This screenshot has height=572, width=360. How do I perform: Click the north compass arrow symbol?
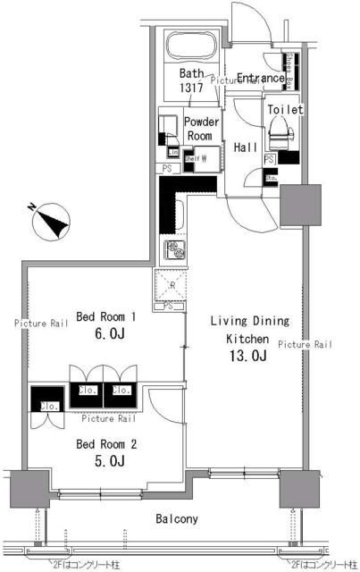52,220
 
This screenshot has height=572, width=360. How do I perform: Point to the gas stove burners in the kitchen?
174,251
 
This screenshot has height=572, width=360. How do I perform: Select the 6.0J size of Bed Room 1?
106,337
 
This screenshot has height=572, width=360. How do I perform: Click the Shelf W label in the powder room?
197,159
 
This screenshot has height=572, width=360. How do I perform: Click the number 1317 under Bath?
191,89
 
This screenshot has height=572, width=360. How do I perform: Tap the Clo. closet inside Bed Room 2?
48,407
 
